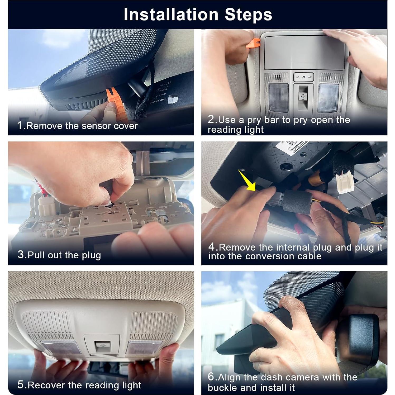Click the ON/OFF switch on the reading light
tap(303, 77)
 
